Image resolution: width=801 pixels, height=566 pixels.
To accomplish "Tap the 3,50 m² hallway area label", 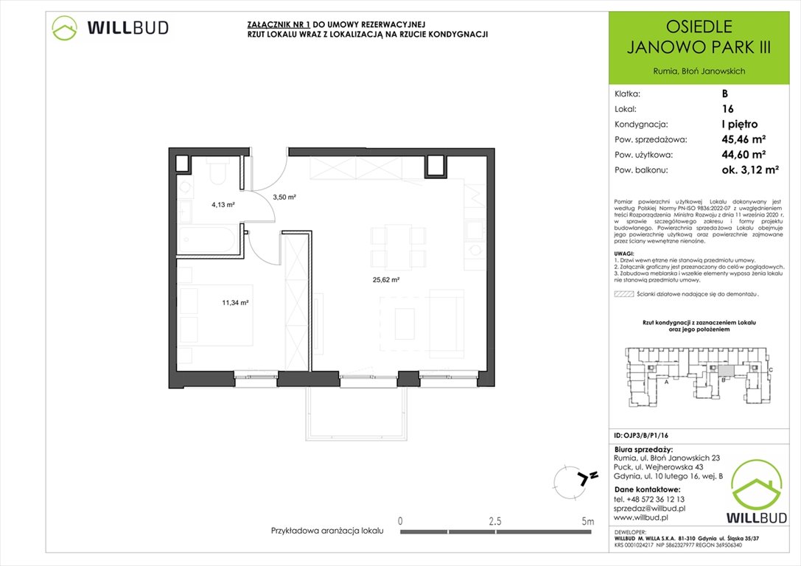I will click(x=284, y=198).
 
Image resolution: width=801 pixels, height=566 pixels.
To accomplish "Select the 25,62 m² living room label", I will click(x=385, y=280).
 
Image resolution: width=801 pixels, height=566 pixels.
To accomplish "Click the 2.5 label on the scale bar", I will click(x=495, y=521).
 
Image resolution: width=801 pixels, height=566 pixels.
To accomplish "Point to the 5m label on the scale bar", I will click(x=587, y=521).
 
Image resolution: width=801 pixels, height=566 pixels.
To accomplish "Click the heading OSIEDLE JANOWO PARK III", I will click(x=699, y=38).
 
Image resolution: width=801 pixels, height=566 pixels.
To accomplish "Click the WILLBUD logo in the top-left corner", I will click(x=111, y=28).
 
